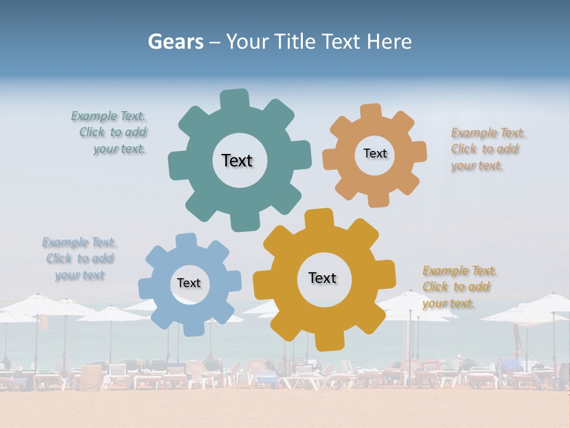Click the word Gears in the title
[175, 42]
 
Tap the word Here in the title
[389, 42]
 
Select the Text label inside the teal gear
[237, 160]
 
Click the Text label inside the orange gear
[375, 153]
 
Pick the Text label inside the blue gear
[189, 283]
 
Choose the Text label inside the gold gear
[322, 278]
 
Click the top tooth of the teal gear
[235, 99]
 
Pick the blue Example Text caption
[80, 259]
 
